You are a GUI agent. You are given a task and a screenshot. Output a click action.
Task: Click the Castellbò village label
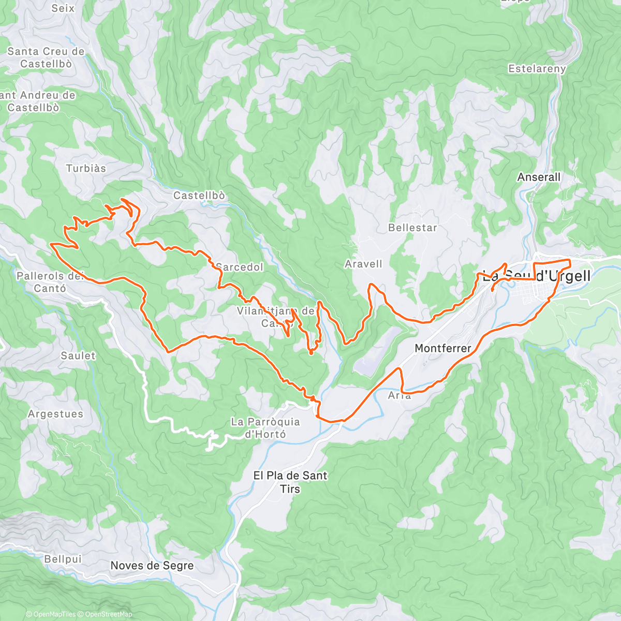click(x=199, y=196)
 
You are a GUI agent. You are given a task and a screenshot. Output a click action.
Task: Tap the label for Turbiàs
click(x=86, y=168)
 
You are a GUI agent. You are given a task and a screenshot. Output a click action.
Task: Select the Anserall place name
click(x=539, y=177)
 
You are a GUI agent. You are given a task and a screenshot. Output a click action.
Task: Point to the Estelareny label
click(x=537, y=69)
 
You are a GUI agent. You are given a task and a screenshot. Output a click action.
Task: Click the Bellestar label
click(x=412, y=228)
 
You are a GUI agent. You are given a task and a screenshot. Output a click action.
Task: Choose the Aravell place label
click(x=363, y=264)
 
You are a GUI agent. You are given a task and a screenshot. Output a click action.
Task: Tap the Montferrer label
click(x=443, y=349)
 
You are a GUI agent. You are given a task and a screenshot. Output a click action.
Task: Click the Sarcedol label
click(x=240, y=267)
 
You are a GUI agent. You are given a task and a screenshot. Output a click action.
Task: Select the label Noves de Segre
click(x=152, y=566)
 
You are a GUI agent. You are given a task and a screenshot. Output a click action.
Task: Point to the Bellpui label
click(x=63, y=559)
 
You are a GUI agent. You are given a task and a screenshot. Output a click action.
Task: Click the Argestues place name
click(x=55, y=414)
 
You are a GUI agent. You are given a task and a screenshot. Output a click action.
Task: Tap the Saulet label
click(x=78, y=356)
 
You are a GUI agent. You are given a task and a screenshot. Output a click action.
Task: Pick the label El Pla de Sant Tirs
click(x=290, y=482)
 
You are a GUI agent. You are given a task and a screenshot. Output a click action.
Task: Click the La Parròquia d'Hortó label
click(x=265, y=428)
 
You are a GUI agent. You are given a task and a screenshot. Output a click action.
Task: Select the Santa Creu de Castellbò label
click(x=46, y=57)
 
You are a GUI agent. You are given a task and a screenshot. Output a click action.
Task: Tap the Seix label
click(x=63, y=8)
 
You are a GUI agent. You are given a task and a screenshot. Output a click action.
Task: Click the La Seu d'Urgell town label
click(x=537, y=276)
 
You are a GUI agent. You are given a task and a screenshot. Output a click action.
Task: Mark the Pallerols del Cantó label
click(x=50, y=282)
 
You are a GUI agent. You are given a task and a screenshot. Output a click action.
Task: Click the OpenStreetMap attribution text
click(x=108, y=614)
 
